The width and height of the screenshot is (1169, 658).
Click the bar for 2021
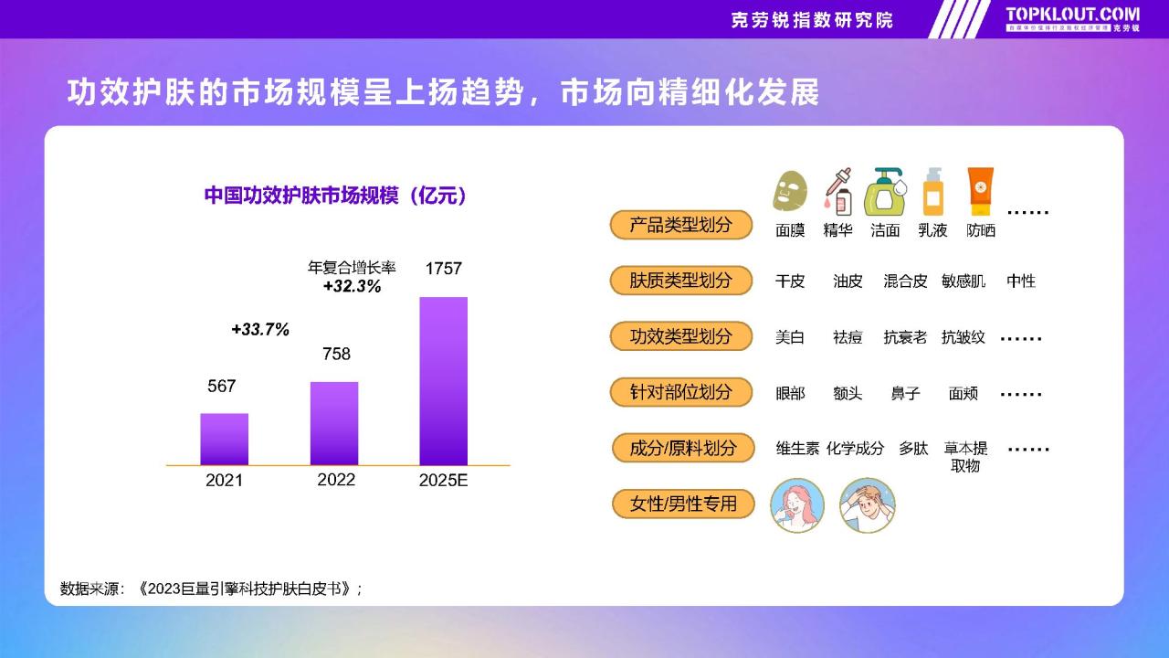(x=225, y=440)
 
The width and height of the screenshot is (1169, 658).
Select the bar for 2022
(x=334, y=423)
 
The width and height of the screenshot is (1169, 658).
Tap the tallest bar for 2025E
(x=444, y=381)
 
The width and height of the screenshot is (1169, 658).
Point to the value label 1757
(x=444, y=269)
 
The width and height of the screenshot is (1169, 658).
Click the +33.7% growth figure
(x=260, y=329)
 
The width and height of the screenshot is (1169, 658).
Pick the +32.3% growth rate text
(x=353, y=286)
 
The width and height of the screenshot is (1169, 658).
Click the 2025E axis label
(x=443, y=480)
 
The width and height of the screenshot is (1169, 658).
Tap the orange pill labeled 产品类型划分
(x=681, y=225)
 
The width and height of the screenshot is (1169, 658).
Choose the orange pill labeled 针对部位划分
(x=681, y=392)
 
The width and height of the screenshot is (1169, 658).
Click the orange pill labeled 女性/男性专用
(x=683, y=504)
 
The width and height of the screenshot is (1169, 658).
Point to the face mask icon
(x=790, y=191)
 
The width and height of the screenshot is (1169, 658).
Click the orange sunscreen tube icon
(x=980, y=191)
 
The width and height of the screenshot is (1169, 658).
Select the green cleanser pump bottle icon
(x=885, y=192)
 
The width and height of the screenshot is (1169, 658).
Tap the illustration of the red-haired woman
(x=797, y=505)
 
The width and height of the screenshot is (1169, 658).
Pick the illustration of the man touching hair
(x=868, y=505)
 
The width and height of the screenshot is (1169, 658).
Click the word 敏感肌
(x=964, y=281)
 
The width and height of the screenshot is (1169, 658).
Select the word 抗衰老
(x=905, y=337)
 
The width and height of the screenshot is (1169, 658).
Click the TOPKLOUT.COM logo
(x=1072, y=19)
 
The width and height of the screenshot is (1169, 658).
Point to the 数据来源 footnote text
(x=211, y=589)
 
